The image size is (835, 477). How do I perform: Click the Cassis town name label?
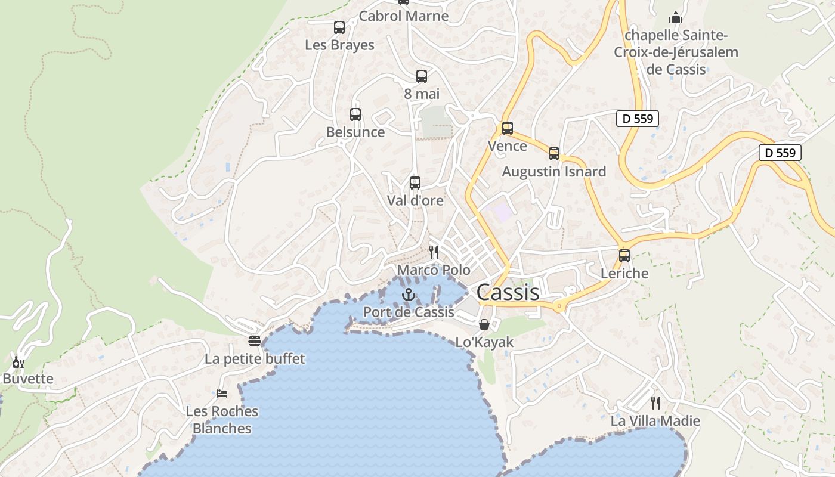point(508,292)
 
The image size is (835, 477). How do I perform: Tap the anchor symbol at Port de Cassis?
point(409,294)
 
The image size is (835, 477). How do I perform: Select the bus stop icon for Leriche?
point(624,256)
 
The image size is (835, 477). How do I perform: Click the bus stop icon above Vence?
point(508,128)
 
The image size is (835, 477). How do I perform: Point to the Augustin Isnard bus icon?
point(554,154)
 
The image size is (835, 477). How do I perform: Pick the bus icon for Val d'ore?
point(415,183)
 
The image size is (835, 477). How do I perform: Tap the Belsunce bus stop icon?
point(355,114)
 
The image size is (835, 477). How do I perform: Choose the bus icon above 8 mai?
point(422,76)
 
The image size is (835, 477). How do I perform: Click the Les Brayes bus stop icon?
point(339,27)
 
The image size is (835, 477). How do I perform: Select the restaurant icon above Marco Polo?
point(434,252)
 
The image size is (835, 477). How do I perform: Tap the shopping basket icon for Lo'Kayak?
point(484,324)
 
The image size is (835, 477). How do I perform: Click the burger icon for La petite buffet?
point(255,341)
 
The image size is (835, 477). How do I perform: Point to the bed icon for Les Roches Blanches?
point(222,394)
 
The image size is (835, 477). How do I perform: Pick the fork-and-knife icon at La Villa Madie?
point(655,403)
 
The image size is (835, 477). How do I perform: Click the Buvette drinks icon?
point(18,362)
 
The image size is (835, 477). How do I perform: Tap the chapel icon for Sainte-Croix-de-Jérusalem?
point(676,17)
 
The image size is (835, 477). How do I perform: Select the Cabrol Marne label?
point(404,16)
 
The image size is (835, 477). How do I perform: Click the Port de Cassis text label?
point(409,312)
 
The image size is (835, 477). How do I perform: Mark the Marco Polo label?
point(434,270)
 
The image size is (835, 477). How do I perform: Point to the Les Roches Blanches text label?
point(222,420)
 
